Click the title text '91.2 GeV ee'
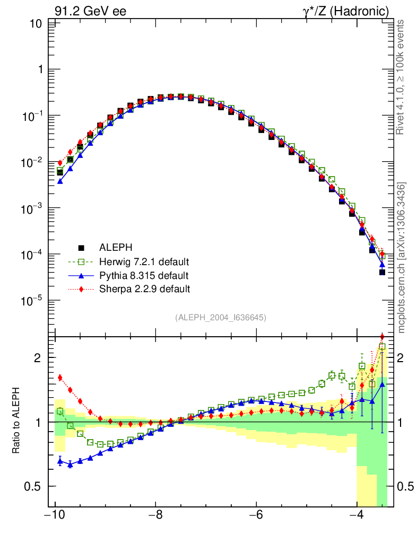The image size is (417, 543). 91,11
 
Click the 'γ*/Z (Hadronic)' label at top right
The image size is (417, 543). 347,11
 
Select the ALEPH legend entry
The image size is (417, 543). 115,247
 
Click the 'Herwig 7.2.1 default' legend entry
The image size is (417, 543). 144,261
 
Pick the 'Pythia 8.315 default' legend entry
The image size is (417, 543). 143,275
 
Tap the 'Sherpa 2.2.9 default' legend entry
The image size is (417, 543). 144,289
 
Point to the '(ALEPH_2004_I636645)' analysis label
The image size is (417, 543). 220,317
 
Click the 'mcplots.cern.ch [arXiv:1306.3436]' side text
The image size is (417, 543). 402,257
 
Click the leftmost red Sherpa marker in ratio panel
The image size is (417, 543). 60,378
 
